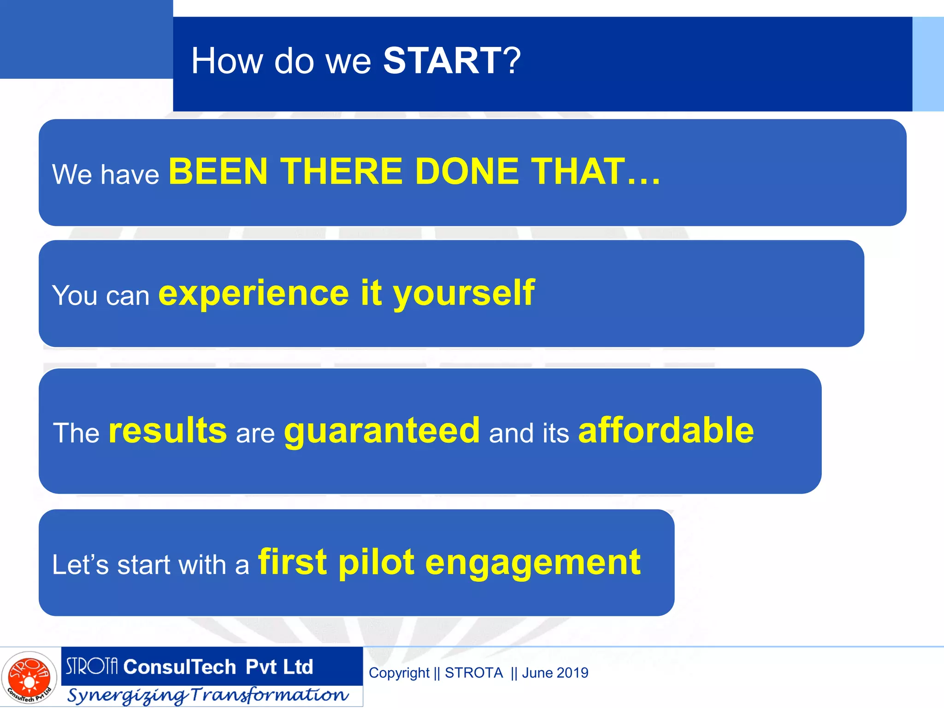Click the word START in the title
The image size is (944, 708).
click(x=442, y=61)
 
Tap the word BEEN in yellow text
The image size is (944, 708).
click(x=218, y=171)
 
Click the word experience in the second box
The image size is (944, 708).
click(x=254, y=294)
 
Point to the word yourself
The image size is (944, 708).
click(x=464, y=294)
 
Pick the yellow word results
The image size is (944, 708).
click(x=168, y=431)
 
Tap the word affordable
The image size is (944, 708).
click(x=666, y=431)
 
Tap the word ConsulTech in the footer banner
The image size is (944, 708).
click(x=180, y=667)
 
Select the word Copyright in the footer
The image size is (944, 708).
click(x=399, y=673)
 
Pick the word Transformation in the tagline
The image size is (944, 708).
click(x=270, y=695)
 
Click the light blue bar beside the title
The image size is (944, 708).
click(x=928, y=64)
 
